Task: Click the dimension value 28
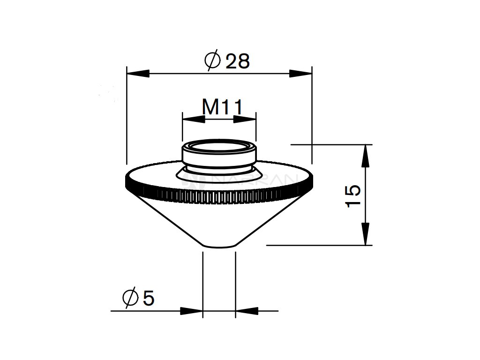tap(238, 61)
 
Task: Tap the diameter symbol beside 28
tap(212, 61)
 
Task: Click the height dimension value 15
tap(352, 195)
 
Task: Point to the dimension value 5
tap(148, 298)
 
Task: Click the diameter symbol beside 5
tap(129, 298)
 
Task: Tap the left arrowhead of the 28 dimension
tap(137, 73)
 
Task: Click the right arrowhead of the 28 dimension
tap(301, 73)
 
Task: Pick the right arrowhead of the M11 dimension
tap(245, 119)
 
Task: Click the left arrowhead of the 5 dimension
tap(191, 310)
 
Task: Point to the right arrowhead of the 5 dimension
tap(247, 310)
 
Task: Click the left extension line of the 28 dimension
tap(127, 117)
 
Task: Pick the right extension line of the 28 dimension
tap(312, 117)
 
